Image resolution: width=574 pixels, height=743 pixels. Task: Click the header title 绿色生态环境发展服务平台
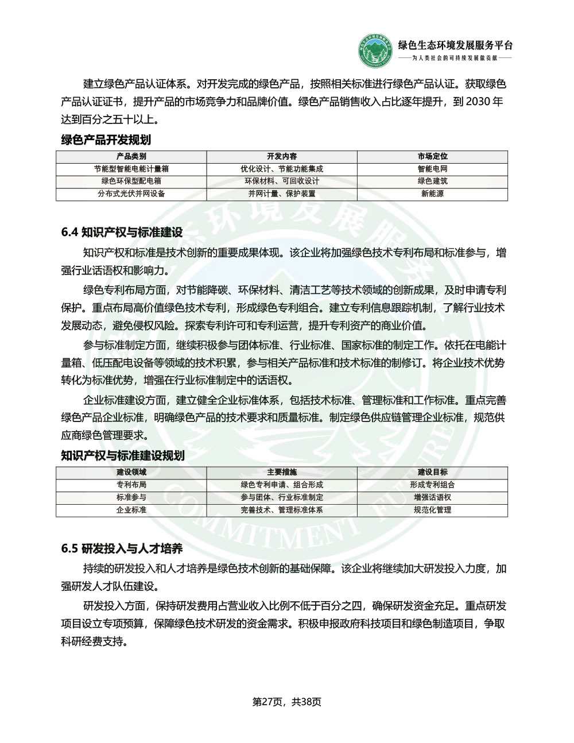tap(455, 45)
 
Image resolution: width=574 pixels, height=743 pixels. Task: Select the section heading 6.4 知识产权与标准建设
tap(122, 233)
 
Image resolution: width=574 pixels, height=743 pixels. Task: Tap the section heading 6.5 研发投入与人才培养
tap(122, 549)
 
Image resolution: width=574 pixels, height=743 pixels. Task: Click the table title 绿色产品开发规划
tap(106, 140)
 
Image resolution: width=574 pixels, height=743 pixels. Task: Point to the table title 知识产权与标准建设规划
tap(123, 455)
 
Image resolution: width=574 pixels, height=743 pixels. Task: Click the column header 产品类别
tap(131, 156)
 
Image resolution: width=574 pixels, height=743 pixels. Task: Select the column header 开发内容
tap(282, 156)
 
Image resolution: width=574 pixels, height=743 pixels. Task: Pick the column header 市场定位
tap(432, 156)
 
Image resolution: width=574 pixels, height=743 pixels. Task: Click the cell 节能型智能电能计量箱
tap(131, 169)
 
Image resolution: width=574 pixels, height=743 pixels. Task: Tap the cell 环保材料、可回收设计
tap(282, 181)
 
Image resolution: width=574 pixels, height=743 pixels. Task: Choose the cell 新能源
tap(432, 194)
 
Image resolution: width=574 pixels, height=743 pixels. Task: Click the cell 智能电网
tap(432, 169)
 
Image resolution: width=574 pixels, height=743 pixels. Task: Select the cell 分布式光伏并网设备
tap(131, 194)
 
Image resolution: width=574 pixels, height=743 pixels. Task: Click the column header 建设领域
tap(131, 472)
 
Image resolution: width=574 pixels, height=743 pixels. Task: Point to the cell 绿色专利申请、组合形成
tap(282, 485)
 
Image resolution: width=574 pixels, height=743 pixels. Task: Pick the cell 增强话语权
tap(432, 497)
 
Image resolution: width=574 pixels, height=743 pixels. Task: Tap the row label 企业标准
tap(131, 510)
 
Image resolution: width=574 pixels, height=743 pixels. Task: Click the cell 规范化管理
tap(432, 510)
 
